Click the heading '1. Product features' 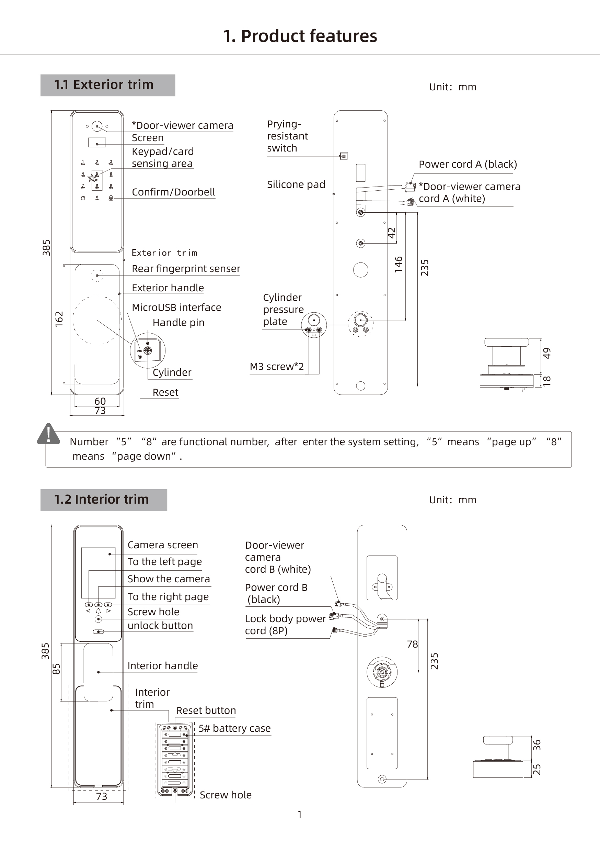(300, 36)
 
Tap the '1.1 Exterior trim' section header (104, 85)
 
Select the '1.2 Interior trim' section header (101, 500)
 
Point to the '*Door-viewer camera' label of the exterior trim (183, 125)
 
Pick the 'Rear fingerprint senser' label (186, 269)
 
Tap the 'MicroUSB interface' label (176, 307)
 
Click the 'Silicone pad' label (296, 184)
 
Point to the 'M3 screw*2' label (277, 367)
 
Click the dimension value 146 (399, 265)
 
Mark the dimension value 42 (392, 233)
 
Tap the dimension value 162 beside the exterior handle (59, 319)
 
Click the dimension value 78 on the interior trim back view (412, 644)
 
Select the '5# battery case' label (234, 728)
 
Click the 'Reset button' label (206, 710)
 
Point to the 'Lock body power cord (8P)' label (286, 625)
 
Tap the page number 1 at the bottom (300, 815)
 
